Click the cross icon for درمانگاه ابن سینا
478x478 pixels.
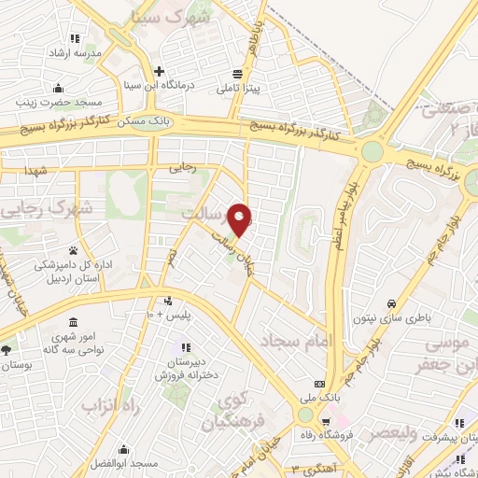pyautogui.click(x=160, y=71)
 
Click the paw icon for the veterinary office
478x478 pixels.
pyautogui.click(x=72, y=250)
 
